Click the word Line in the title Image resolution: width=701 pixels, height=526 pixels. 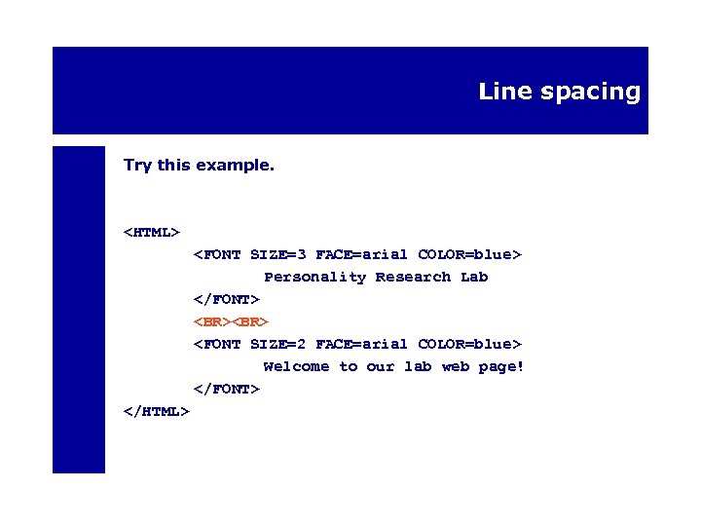coord(499,92)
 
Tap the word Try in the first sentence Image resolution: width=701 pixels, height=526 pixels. coord(137,166)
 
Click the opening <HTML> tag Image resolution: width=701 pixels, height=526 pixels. coord(152,233)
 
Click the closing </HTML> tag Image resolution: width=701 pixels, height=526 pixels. coord(156,412)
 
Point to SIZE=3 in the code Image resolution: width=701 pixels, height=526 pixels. coord(278,255)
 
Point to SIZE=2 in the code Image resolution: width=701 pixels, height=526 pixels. coord(278,345)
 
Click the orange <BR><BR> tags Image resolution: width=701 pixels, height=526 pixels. coord(230,322)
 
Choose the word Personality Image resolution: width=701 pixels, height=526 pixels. coord(315,278)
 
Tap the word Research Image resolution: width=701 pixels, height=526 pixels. coord(413,278)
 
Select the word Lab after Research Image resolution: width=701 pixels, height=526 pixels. coord(474,278)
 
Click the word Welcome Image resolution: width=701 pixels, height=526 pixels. coord(296,367)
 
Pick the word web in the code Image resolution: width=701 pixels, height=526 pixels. coord(455,367)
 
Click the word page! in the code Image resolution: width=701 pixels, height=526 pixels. coord(501,367)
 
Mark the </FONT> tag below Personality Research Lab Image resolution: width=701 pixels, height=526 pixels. coord(226,300)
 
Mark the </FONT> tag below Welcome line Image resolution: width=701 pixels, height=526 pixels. coord(226,390)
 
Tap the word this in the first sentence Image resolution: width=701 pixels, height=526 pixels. coord(173,166)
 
